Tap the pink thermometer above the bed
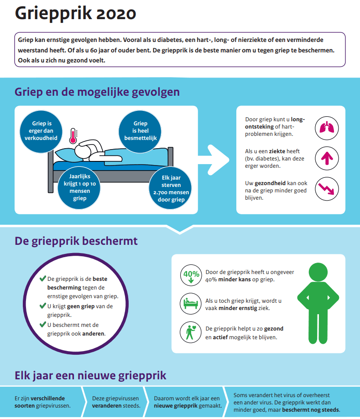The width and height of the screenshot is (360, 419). [73, 136]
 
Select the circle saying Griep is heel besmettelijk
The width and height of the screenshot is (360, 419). [140, 131]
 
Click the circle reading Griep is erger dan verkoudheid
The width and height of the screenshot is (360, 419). [41, 131]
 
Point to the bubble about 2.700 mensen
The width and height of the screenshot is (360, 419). [170, 188]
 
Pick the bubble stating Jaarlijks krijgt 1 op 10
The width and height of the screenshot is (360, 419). [79, 187]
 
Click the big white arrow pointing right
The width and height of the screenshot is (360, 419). [214, 160]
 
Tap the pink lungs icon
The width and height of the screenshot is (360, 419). [327, 128]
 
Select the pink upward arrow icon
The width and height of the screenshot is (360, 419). [327, 159]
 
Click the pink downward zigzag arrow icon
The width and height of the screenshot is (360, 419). [327, 189]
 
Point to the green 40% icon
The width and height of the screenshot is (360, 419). [191, 275]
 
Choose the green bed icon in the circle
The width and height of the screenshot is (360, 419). [190, 303]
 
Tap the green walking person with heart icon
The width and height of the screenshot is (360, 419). [191, 332]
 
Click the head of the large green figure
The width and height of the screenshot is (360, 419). [318, 272]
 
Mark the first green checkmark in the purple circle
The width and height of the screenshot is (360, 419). [43, 279]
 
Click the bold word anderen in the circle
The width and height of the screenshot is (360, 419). [94, 334]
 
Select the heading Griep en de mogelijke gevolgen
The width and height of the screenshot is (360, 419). [97, 92]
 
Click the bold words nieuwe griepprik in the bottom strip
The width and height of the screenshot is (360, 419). [175, 406]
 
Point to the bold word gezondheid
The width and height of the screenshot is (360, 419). [270, 183]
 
